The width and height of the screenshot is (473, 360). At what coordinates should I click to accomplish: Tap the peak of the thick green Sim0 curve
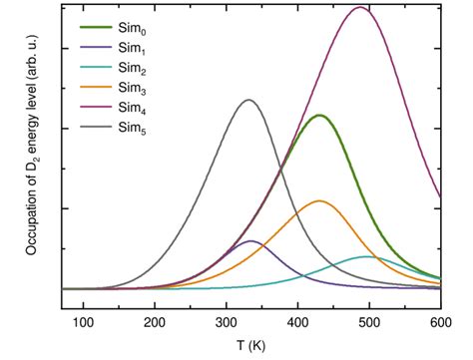tap(319, 116)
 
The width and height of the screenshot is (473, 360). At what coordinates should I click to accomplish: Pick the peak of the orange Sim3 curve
tap(319, 201)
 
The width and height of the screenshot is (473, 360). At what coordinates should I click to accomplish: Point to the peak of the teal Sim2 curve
tap(367, 257)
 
